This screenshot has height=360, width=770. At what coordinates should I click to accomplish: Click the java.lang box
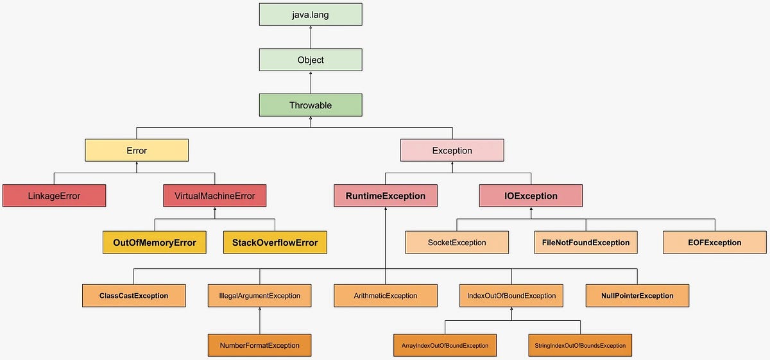coord(311,15)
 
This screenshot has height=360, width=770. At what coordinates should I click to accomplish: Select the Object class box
coord(311,60)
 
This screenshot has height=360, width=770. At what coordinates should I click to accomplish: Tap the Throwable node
coord(311,105)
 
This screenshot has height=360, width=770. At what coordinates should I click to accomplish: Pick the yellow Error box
coord(137,151)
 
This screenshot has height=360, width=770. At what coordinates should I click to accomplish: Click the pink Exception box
coord(452,151)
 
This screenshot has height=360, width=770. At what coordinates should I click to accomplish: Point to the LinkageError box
coord(54,196)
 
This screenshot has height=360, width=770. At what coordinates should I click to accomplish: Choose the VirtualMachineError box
coord(214,196)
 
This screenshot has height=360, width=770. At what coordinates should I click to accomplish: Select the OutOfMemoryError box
coord(154,243)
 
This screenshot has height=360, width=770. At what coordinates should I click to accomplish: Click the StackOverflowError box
coord(275,243)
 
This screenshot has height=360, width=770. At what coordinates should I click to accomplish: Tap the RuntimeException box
coord(385,196)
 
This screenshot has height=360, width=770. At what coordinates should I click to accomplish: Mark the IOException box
coord(531,196)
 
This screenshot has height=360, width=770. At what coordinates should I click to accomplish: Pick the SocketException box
coord(457,243)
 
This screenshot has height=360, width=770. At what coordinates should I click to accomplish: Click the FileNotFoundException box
coord(586,243)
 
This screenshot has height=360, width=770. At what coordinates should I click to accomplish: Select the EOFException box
coord(715,243)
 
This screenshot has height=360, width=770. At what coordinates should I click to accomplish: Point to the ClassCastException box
coord(133,296)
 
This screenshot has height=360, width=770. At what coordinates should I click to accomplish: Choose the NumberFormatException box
coord(259,345)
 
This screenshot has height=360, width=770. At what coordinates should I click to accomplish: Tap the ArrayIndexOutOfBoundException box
coord(445,345)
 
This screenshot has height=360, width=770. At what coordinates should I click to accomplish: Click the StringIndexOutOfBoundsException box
coord(579,345)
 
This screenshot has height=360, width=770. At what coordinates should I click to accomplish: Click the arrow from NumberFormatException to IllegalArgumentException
coord(259,320)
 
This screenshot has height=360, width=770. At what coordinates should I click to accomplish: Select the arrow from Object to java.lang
coord(311,37)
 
